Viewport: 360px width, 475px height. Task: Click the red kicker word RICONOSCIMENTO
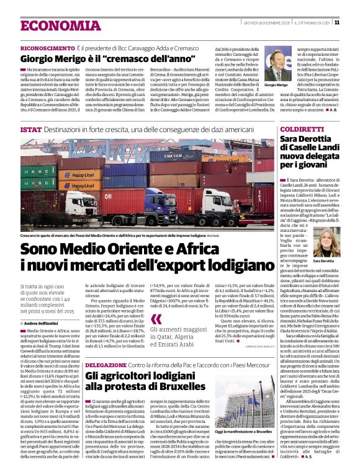[47, 48]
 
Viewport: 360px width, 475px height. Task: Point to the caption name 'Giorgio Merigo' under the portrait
[276, 85]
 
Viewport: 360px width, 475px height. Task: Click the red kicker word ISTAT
[30, 130]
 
